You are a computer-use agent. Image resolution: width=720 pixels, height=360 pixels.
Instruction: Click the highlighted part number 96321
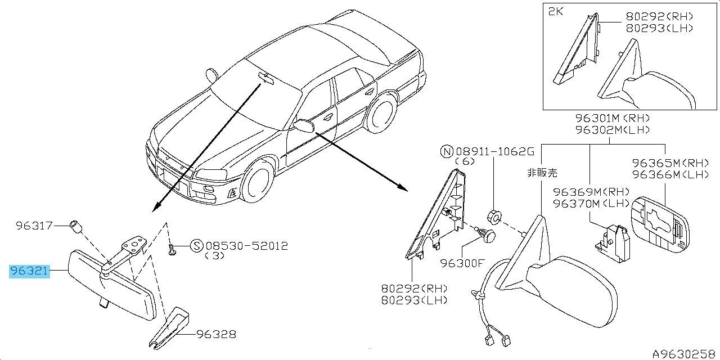click(x=30, y=272)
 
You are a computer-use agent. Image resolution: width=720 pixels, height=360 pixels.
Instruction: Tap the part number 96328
click(x=217, y=335)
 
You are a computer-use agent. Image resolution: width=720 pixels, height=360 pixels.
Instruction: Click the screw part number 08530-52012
click(x=247, y=246)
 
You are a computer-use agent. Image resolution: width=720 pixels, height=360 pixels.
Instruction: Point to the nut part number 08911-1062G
click(x=493, y=152)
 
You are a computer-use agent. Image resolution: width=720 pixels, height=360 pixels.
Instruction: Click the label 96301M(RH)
click(x=613, y=119)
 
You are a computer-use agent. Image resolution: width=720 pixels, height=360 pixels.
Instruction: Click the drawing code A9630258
click(x=685, y=354)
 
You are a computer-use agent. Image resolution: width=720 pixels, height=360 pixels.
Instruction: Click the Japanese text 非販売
click(x=543, y=173)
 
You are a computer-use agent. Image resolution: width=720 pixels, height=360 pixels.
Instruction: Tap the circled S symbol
click(x=196, y=246)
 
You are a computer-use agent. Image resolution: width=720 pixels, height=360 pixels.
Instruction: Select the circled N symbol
click(x=447, y=152)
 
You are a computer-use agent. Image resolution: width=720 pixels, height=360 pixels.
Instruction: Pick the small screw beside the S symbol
click(x=171, y=250)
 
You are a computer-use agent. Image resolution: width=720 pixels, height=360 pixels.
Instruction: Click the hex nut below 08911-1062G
click(x=493, y=215)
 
